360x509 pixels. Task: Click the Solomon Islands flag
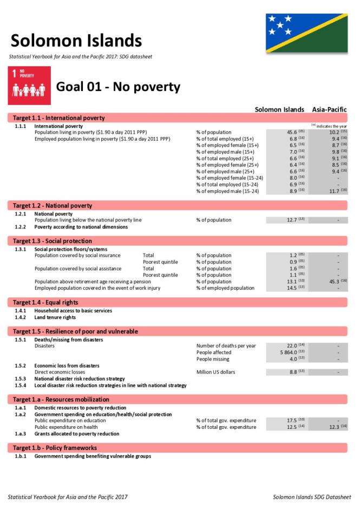pyautogui.click(x=306, y=33)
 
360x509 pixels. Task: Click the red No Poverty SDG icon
pyautogui.click(x=30, y=86)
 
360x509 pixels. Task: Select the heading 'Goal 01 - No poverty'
pyautogui.click(x=118, y=87)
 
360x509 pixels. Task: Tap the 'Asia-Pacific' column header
pyautogui.click(x=329, y=109)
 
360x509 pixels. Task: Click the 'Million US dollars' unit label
pyautogui.click(x=216, y=372)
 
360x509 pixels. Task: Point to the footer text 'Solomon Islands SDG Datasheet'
pyautogui.click(x=311, y=497)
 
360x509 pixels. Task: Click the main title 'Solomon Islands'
pyautogui.click(x=76, y=41)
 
